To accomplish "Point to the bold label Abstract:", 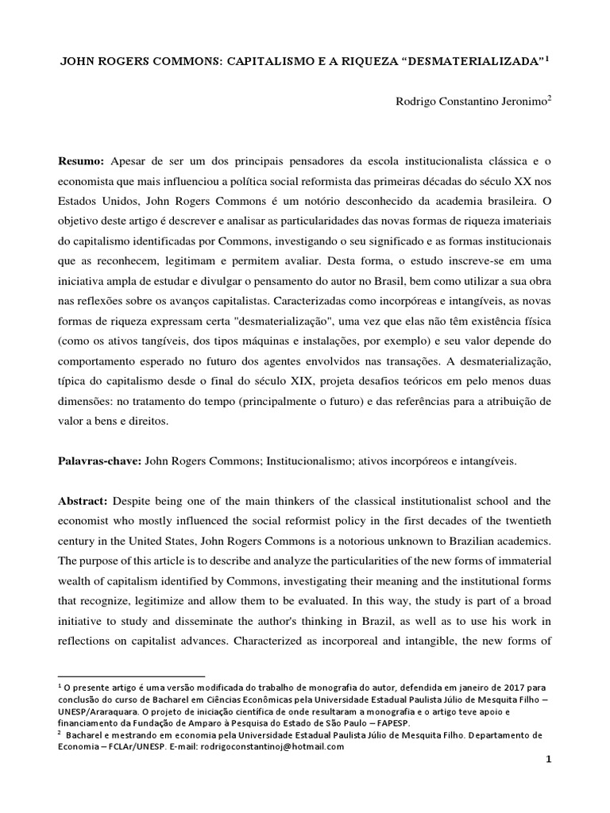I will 83,503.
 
